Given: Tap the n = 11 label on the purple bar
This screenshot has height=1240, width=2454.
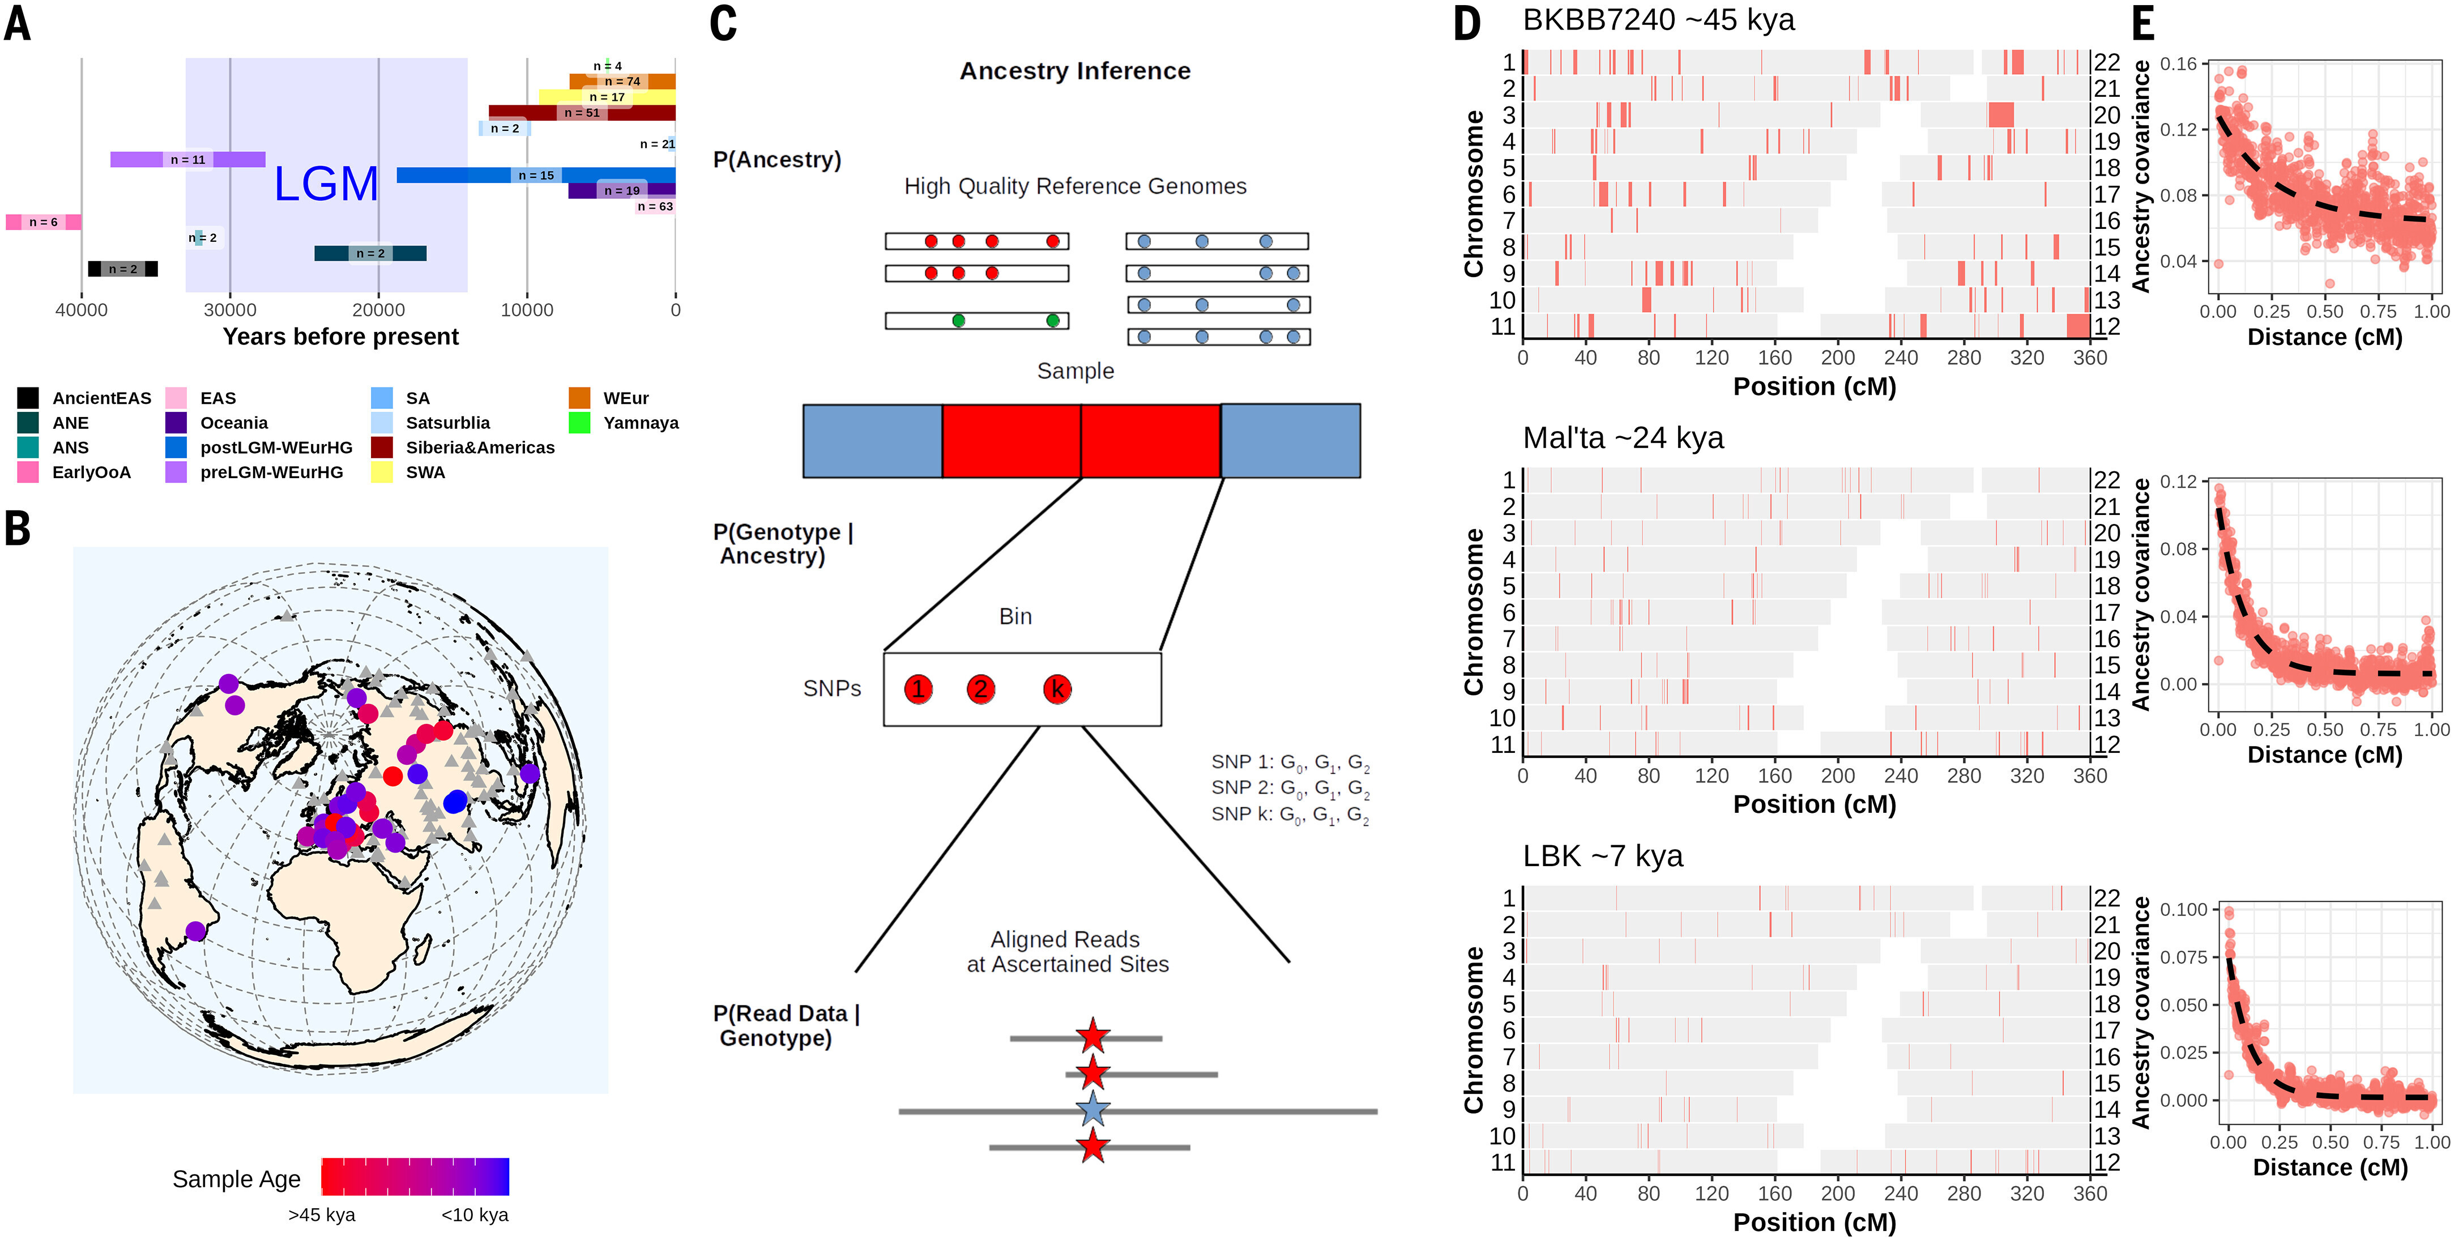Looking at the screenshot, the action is pos(187,159).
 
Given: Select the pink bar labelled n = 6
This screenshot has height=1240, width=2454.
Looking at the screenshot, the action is pos(43,222).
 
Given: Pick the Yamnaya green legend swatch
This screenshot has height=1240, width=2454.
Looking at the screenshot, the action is pos(579,422).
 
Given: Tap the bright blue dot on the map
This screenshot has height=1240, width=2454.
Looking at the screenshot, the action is pos(455,802).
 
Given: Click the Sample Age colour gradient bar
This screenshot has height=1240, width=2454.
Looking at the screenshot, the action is pos(415,1176).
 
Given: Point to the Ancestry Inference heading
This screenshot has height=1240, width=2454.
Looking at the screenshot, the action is pos(1074,71).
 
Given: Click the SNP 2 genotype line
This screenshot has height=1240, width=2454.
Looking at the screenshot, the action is pos(1291,788).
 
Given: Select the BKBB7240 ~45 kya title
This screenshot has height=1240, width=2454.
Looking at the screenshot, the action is pos(1658,19).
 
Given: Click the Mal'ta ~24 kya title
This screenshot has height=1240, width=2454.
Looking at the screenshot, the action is pos(1623,437).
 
